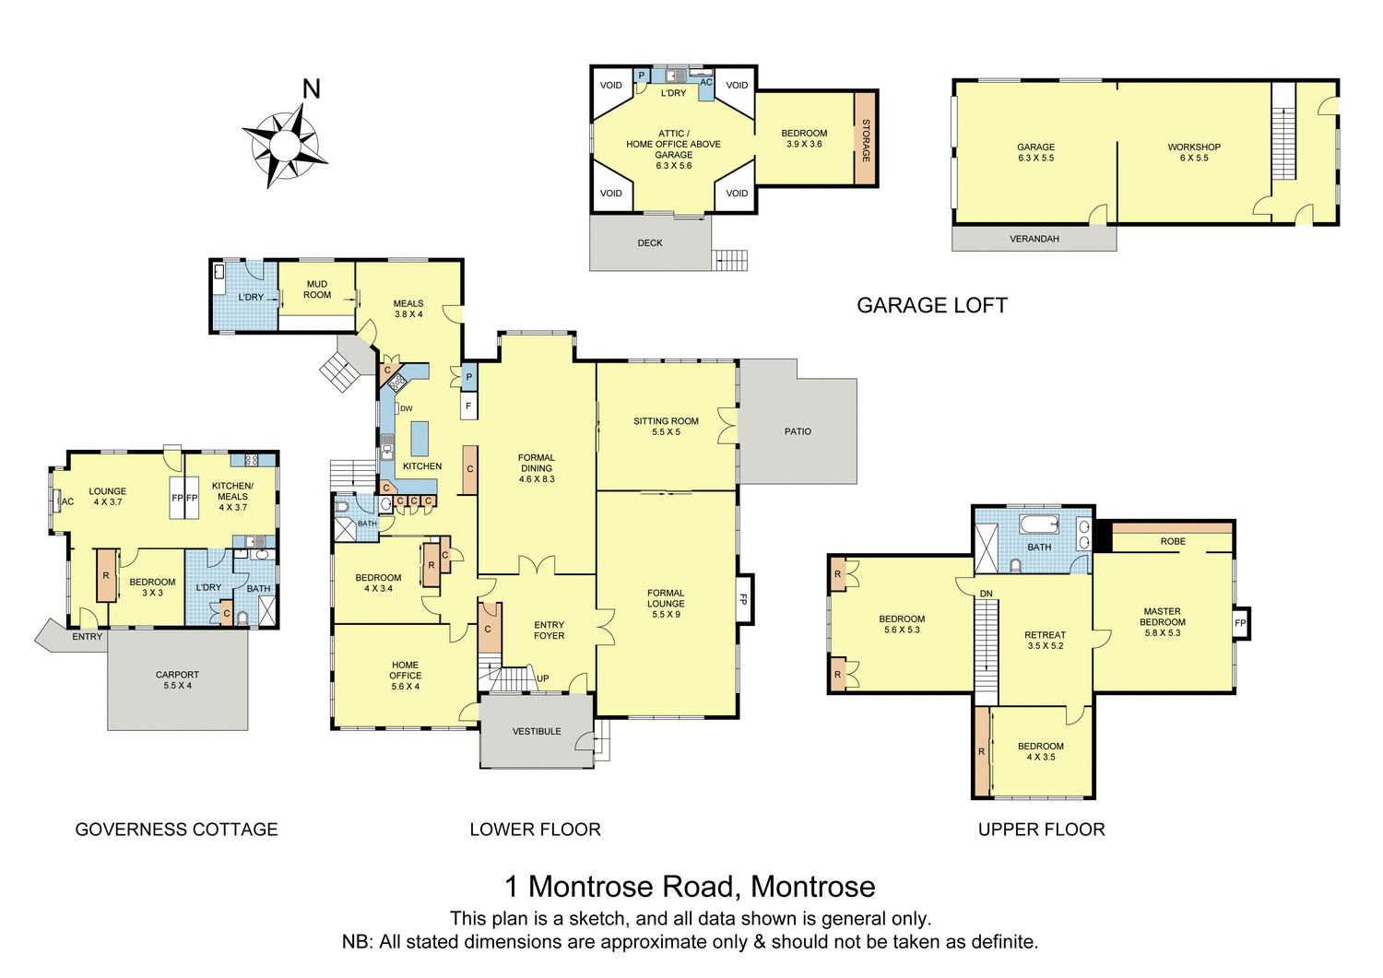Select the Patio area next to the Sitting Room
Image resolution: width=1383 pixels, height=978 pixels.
[x=798, y=431]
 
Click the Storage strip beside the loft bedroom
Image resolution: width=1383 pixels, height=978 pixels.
[x=866, y=139]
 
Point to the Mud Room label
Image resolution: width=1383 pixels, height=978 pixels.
[x=317, y=289]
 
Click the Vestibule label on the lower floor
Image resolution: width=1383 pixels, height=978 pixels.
[x=537, y=732]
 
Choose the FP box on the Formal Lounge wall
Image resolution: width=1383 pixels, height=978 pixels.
[x=743, y=599]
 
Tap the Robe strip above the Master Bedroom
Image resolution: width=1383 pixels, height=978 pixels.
[x=1173, y=541]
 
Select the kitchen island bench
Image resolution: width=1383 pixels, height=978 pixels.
[x=420, y=438]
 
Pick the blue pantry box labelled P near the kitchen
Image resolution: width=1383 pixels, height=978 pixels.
[x=469, y=377]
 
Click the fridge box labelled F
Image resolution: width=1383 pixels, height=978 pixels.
[x=469, y=406]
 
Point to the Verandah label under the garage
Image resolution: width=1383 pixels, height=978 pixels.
[x=1034, y=239]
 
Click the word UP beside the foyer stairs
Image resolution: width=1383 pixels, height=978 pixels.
[x=543, y=678]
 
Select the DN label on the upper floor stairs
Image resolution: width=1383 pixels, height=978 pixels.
[x=986, y=594]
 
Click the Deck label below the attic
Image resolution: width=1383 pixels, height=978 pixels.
[x=650, y=243]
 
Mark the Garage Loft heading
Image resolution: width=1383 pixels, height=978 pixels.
[x=932, y=306]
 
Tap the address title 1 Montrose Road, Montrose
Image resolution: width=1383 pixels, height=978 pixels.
[x=690, y=887]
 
